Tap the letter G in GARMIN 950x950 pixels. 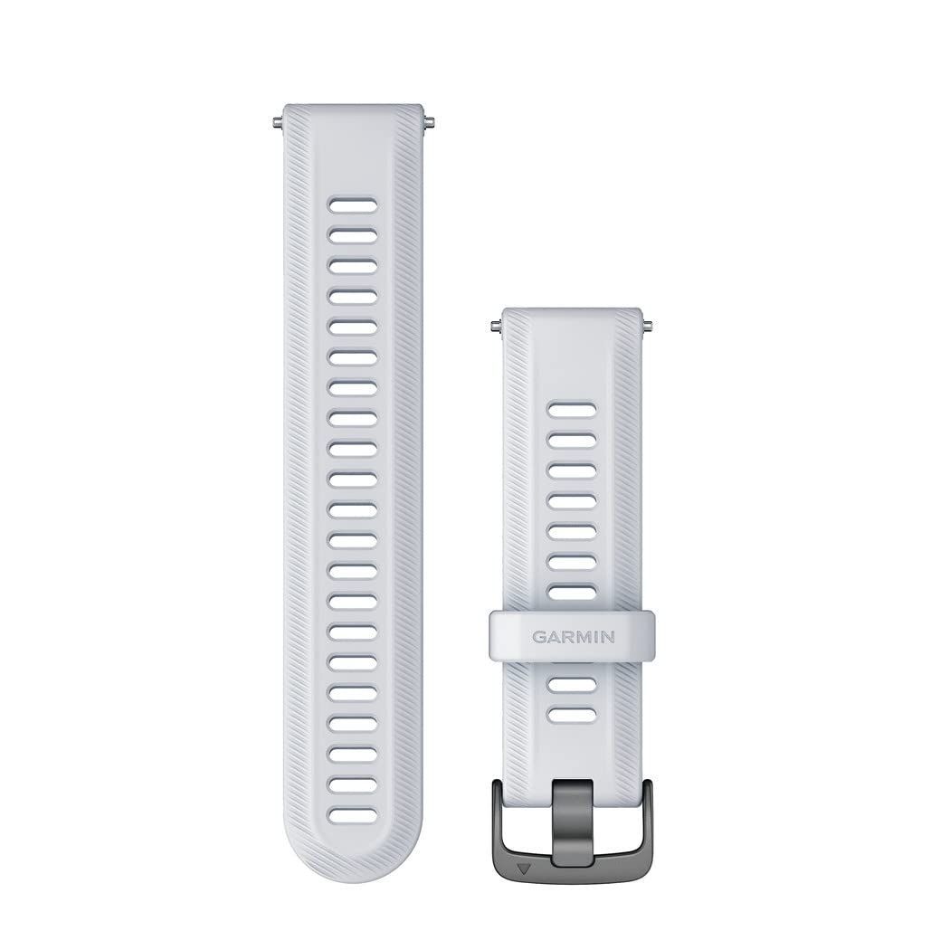coord(538,637)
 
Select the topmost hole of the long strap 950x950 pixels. coord(353,204)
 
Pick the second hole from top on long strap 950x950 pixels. coord(353,235)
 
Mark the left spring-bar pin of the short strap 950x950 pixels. coord(495,327)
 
